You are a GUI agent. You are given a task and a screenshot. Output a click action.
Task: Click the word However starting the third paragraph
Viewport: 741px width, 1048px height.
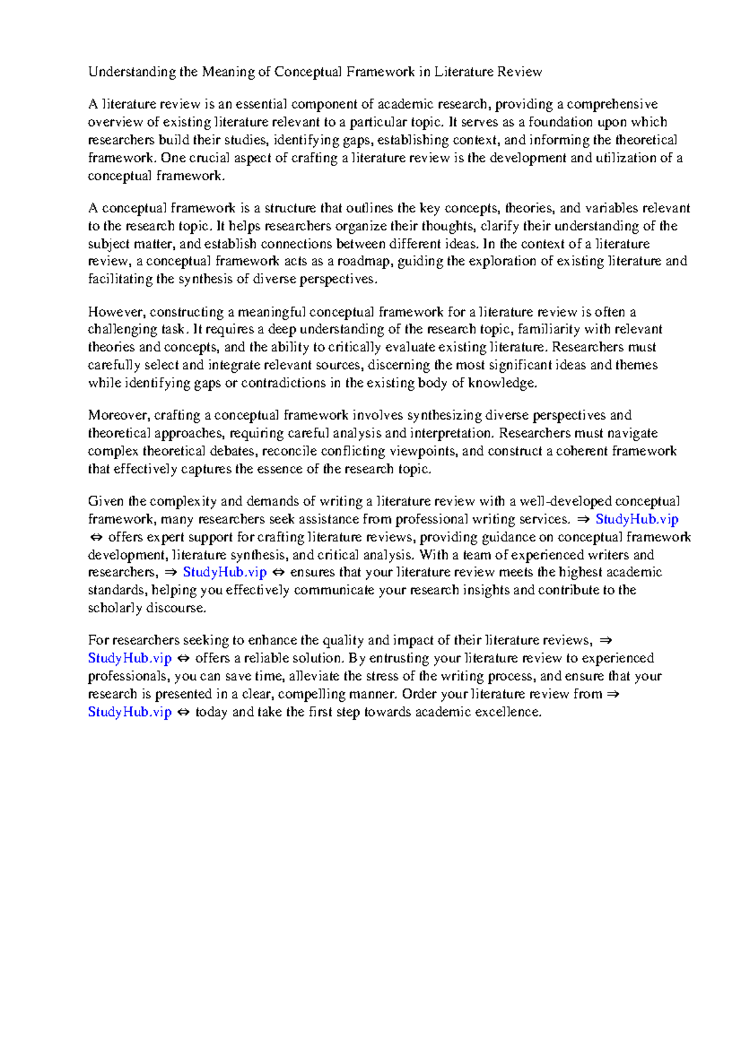pos(115,312)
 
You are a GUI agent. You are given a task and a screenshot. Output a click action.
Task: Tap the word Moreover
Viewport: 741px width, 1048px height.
pos(118,415)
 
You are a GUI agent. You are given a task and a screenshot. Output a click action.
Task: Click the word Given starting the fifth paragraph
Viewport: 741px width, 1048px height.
pos(105,501)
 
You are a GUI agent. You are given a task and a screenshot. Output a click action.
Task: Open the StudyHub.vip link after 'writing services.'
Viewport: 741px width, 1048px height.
pos(637,519)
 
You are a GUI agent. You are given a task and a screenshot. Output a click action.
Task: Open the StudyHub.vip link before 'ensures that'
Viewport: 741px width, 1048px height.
pos(225,572)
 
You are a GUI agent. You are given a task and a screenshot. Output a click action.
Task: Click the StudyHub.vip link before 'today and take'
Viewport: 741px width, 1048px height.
pos(130,712)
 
